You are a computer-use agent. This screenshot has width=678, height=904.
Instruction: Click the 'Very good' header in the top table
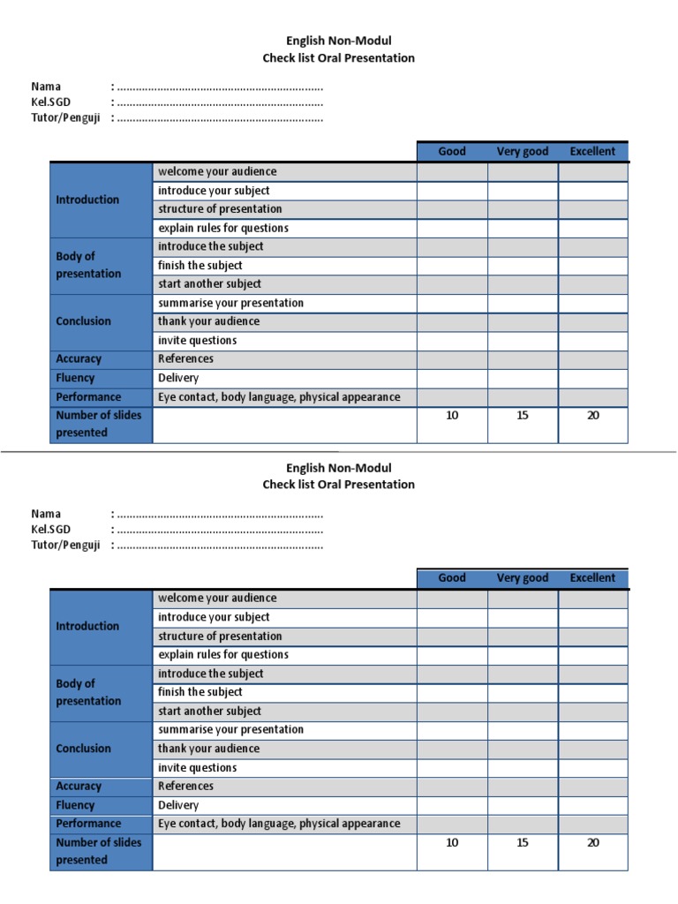click(522, 151)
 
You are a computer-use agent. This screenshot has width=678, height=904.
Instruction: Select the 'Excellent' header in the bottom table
click(592, 578)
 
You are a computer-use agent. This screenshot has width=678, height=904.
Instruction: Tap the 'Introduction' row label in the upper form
click(87, 200)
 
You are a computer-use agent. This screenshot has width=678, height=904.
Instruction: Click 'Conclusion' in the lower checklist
click(83, 749)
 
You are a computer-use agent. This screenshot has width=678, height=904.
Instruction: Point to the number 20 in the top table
click(593, 416)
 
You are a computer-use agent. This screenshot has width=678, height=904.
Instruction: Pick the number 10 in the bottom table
click(452, 843)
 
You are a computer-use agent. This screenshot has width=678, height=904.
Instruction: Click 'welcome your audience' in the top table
click(217, 171)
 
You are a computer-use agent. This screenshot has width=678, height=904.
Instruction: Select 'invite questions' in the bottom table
click(197, 768)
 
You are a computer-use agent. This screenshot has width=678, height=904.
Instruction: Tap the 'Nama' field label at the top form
click(46, 87)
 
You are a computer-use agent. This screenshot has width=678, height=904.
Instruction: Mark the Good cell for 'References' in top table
click(452, 359)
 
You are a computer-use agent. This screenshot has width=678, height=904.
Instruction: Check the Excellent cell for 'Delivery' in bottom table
click(592, 805)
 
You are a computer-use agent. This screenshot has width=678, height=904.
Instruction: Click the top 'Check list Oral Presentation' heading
click(338, 58)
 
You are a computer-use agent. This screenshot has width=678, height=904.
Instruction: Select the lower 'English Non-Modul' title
click(338, 468)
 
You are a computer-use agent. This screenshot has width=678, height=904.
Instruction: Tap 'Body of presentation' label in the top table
click(88, 265)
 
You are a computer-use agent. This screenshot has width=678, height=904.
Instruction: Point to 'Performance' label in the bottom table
click(88, 824)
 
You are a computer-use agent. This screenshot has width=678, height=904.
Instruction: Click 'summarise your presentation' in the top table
click(230, 303)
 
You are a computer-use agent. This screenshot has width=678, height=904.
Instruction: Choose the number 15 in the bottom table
click(523, 843)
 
